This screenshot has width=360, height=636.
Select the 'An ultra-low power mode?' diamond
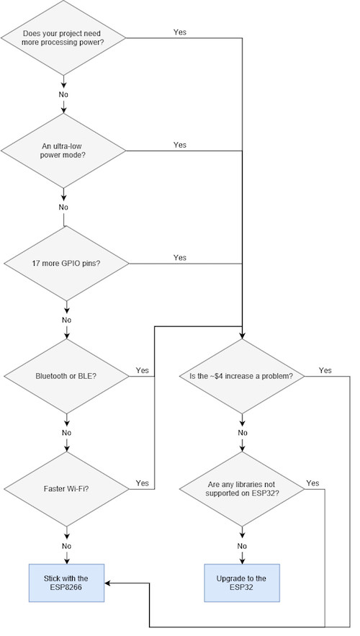[x=64, y=151]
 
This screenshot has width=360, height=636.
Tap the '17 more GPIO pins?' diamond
[x=67, y=263]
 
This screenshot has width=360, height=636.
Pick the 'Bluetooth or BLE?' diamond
[x=67, y=376]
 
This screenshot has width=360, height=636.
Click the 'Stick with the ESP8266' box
[x=67, y=583]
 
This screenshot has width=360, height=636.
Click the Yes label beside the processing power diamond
[x=180, y=32]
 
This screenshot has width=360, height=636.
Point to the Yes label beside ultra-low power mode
[x=180, y=145]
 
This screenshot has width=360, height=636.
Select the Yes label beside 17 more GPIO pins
[x=180, y=257]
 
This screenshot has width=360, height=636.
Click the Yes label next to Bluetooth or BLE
[x=142, y=370]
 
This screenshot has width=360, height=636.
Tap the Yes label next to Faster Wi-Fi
[x=142, y=483]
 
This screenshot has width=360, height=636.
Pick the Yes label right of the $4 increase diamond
[x=325, y=370]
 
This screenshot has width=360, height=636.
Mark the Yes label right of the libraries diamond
[x=312, y=483]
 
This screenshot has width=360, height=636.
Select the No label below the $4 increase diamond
[x=243, y=432]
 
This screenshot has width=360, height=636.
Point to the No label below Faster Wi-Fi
[x=66, y=545]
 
